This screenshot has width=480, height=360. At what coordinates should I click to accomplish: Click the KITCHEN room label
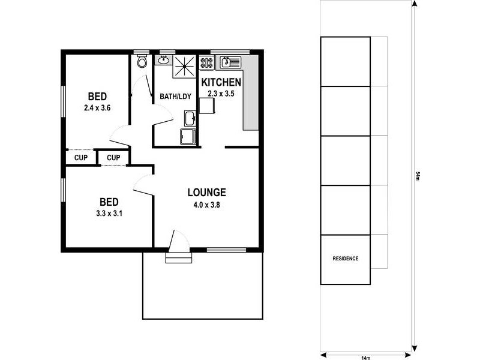coord(221,82)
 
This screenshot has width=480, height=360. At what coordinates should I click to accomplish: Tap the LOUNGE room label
coord(206,192)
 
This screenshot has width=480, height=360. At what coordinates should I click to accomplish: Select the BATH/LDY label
coord(175,97)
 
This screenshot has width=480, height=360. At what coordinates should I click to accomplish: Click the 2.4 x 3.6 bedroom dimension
coord(97,108)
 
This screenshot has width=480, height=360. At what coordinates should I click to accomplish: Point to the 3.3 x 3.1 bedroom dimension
coord(109,214)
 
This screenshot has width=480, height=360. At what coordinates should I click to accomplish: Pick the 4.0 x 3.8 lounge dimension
coord(206,205)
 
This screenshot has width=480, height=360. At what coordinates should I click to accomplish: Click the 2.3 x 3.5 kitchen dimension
coord(221,94)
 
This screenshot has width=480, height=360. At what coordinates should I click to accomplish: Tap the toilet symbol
coord(142,61)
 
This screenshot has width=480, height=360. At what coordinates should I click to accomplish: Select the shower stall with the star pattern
coord(184,66)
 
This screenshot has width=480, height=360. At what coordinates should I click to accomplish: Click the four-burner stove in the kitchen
coord(206,63)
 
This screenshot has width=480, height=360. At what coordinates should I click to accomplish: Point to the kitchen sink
coord(230,62)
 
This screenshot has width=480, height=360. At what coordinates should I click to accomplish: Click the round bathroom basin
coord(163,60)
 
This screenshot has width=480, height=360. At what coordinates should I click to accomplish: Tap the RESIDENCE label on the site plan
coord(346,259)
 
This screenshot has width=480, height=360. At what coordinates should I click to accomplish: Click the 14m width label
coord(366,358)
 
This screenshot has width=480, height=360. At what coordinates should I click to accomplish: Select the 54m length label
coord(418,176)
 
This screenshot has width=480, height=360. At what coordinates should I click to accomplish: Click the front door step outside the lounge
coord(179,258)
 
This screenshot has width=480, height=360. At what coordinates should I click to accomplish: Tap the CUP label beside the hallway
coord(113,158)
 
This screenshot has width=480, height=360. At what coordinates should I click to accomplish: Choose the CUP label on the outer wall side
coord(81,158)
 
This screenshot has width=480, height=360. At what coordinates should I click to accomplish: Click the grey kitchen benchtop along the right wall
coord(250,94)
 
